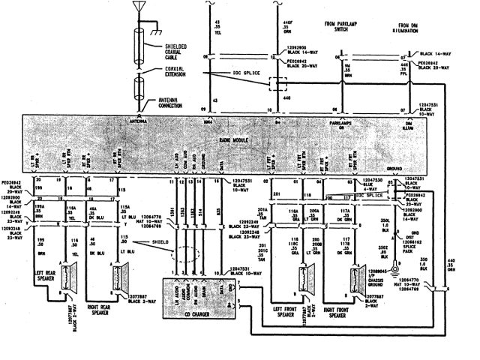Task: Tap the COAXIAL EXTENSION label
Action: [179, 72]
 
